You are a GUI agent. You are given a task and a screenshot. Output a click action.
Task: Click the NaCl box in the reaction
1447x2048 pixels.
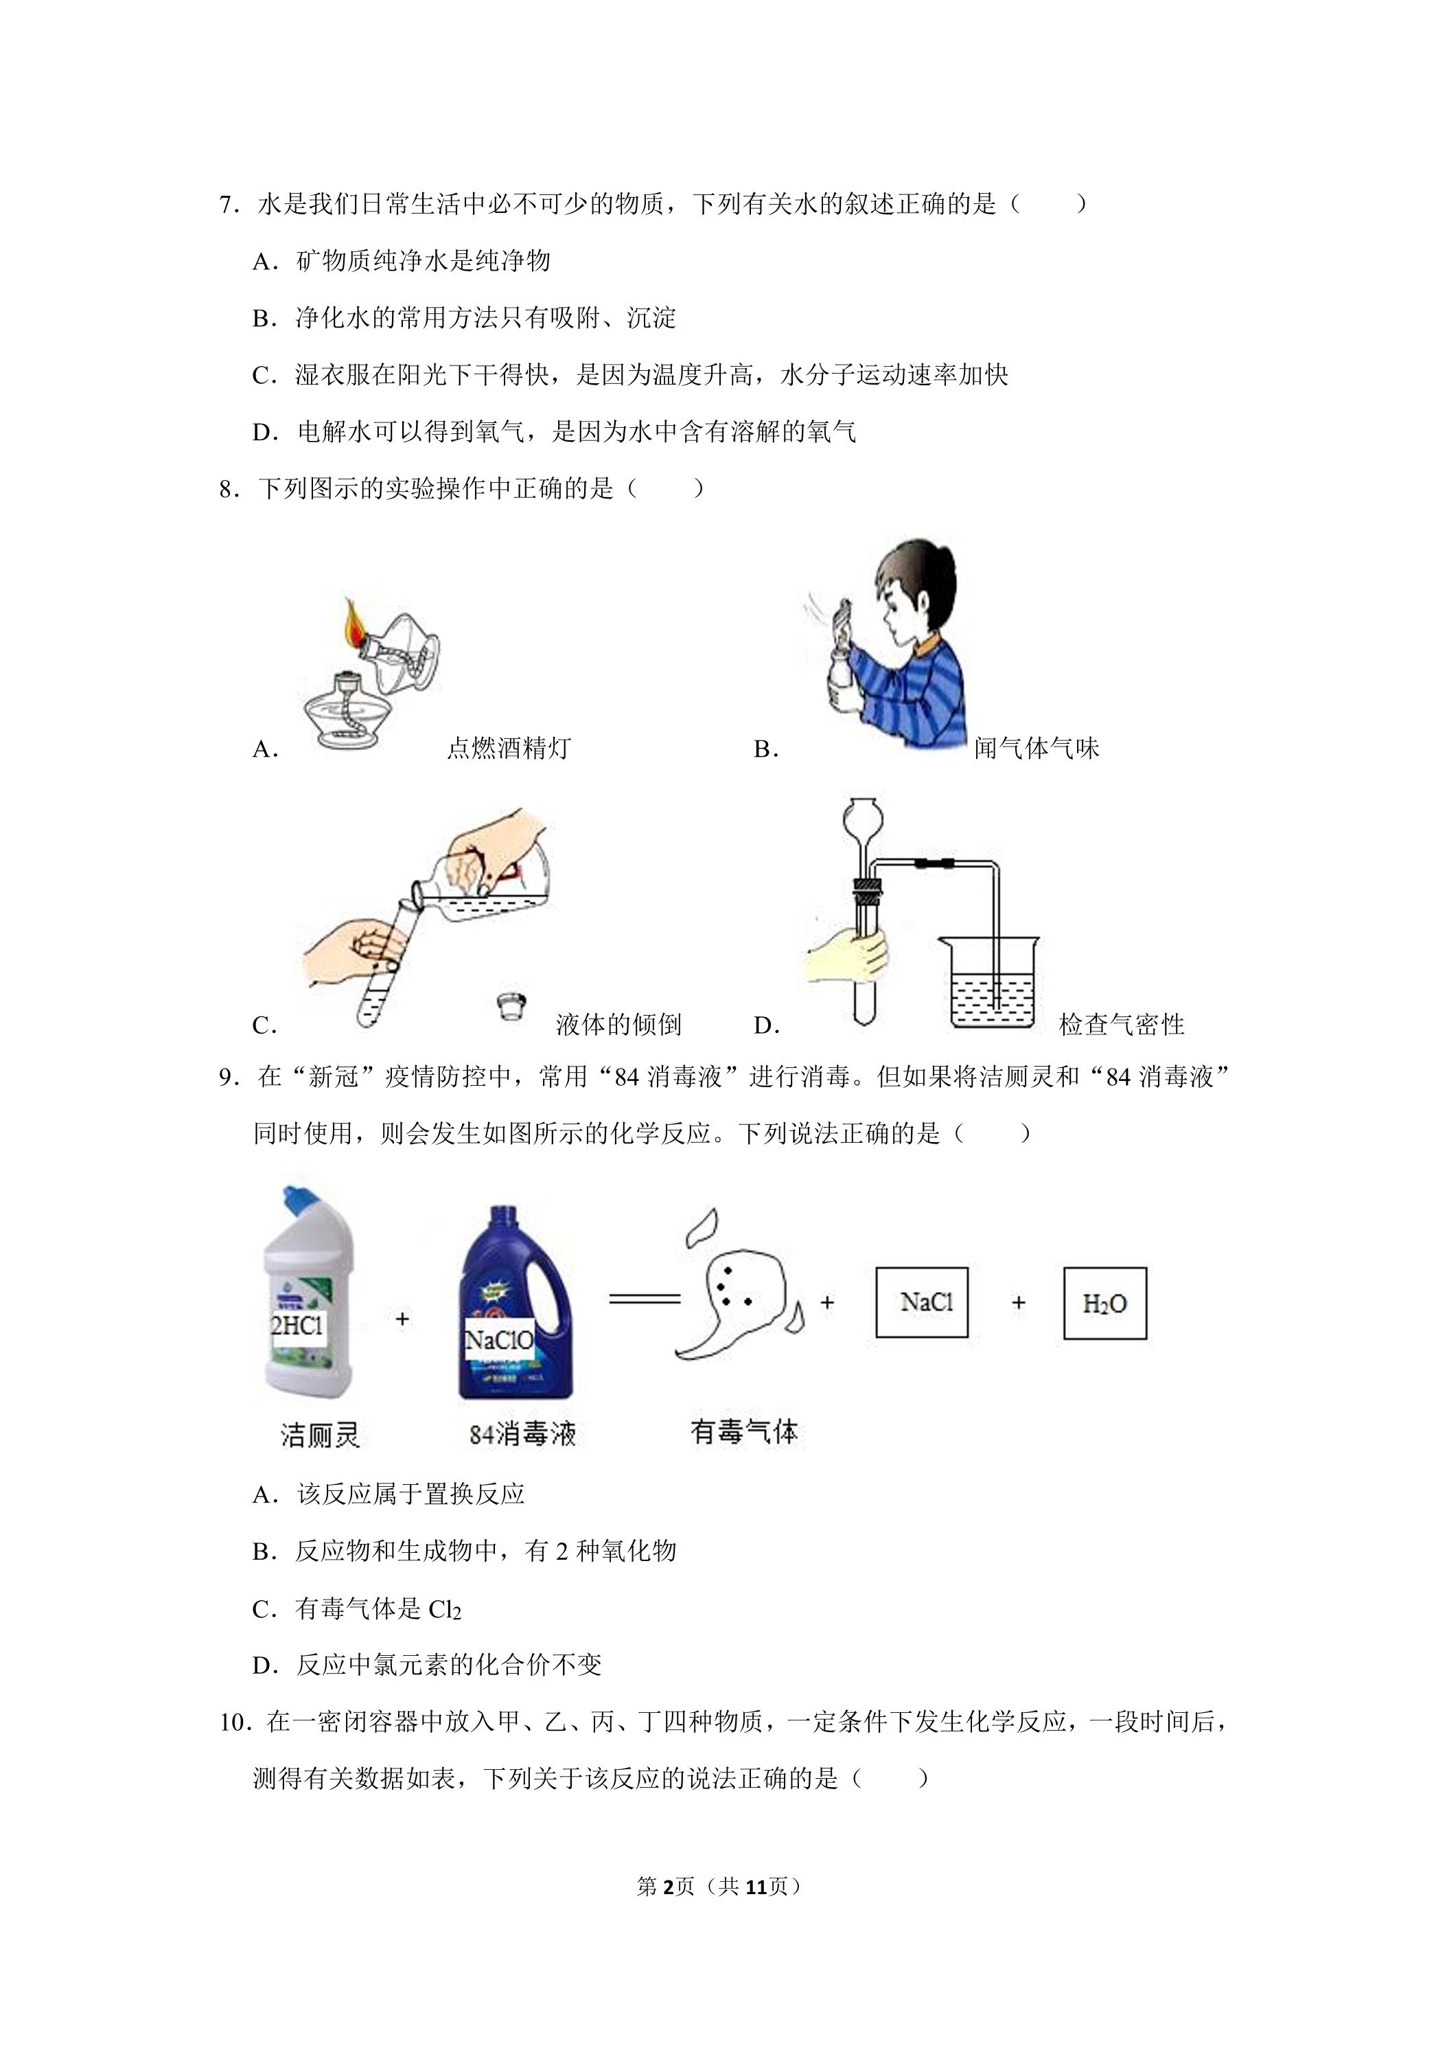click(x=922, y=1302)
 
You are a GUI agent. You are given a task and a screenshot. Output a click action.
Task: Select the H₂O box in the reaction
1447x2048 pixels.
click(x=1104, y=1304)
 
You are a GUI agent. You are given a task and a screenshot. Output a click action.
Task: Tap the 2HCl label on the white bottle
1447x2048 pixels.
click(x=297, y=1325)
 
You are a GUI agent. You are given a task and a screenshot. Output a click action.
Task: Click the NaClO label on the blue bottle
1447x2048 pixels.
click(x=499, y=1340)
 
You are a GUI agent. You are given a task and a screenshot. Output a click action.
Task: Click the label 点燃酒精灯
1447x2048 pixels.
click(x=508, y=747)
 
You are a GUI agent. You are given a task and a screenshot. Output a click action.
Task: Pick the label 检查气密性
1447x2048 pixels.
click(x=1122, y=1024)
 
